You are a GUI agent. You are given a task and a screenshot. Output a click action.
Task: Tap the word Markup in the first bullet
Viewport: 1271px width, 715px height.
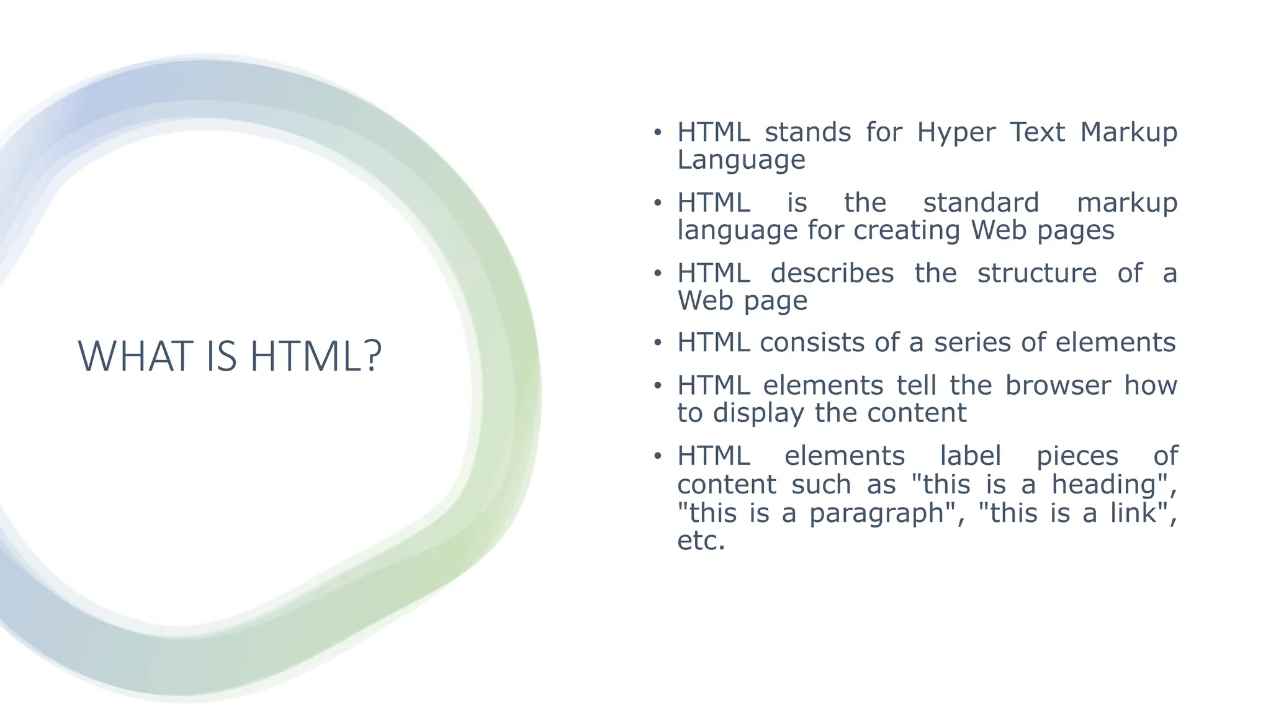click(1128, 132)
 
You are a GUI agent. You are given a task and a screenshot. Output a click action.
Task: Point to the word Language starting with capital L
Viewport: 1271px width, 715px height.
click(741, 160)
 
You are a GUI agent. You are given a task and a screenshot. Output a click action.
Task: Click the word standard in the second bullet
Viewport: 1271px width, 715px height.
click(981, 203)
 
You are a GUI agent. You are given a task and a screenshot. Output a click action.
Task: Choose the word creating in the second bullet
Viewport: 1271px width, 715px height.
click(907, 230)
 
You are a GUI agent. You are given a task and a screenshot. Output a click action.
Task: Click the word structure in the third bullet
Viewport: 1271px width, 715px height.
click(1036, 273)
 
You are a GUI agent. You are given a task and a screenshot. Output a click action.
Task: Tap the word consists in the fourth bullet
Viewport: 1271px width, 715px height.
click(812, 343)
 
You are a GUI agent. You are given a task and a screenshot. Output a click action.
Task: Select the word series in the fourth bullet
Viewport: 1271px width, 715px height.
click(972, 343)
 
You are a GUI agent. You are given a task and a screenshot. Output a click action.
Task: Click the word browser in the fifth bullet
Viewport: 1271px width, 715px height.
click(1058, 385)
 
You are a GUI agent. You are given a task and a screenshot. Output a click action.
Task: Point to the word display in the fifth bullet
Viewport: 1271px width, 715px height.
click(758, 413)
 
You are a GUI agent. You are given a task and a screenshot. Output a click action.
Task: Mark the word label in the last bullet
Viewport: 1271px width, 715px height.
click(970, 456)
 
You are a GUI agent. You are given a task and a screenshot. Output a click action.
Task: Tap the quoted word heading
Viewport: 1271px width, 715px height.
click(1105, 484)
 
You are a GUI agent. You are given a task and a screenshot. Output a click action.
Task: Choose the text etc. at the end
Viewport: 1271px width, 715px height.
click(701, 541)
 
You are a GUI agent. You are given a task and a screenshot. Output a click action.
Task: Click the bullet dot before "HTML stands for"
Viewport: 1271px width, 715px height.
click(658, 133)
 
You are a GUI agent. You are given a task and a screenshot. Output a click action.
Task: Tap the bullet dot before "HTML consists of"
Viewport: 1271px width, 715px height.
click(658, 343)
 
